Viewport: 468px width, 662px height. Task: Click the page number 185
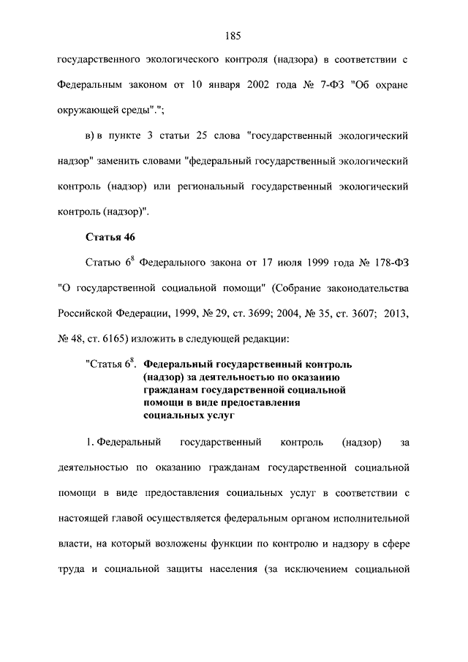pos(233,35)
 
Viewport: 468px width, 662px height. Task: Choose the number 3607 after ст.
pos(354,314)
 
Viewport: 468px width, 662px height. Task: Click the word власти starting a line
pos(73,545)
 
